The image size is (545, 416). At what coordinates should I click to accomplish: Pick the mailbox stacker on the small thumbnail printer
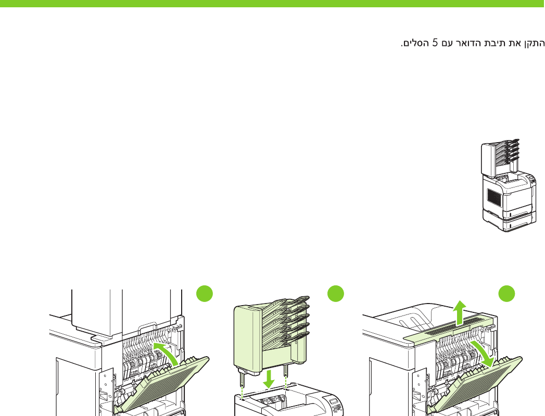[x=498, y=158]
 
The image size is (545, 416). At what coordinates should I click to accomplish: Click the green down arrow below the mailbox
[x=269, y=379]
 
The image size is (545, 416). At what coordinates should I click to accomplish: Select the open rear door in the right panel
[x=479, y=383]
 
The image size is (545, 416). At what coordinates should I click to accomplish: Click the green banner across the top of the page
[x=272, y=3]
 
